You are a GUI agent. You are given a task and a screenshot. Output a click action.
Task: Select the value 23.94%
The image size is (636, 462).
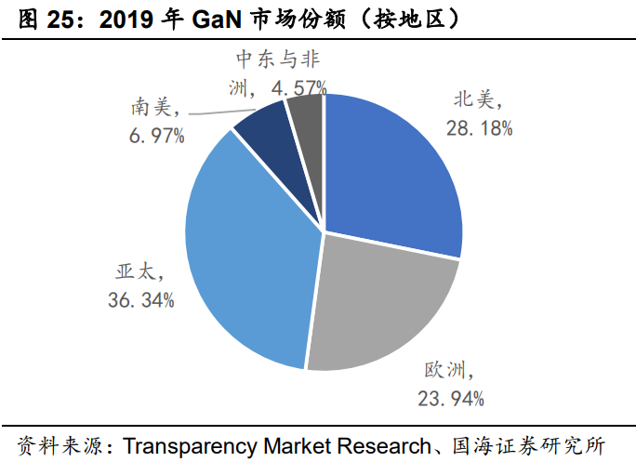coord(451,399)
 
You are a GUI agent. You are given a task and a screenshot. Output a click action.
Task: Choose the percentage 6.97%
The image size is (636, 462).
coord(156,136)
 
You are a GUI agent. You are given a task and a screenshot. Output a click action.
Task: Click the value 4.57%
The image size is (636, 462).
coord(298,88)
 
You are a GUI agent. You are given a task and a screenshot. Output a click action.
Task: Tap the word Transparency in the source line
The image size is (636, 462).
coord(173,444)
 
